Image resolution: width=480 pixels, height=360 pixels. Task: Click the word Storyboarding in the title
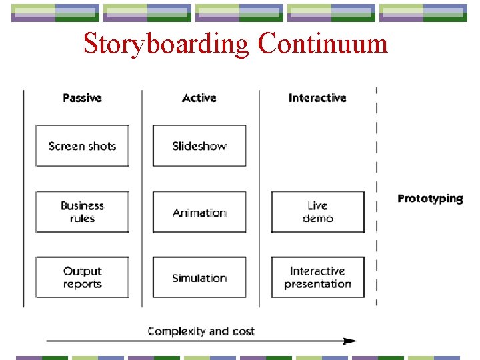pos(167,44)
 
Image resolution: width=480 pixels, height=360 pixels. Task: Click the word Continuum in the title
pos(323,44)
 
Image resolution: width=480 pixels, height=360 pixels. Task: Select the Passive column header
pos(82,98)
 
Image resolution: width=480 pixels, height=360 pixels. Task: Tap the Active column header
pos(199,98)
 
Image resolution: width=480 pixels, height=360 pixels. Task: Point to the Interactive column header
pos(317,98)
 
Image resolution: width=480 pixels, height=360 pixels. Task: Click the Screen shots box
pos(82,146)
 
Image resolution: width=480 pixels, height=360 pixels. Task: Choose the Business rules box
pos(82,212)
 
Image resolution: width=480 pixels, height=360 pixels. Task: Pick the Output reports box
pos(82,277)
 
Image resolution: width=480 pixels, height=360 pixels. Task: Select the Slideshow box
pos(199,146)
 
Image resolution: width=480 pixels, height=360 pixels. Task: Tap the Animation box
pos(199,213)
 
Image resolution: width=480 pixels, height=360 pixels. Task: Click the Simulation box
pos(199,278)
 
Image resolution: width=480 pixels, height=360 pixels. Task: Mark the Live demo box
pos(317,212)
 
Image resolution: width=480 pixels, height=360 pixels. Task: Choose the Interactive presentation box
pos(317,277)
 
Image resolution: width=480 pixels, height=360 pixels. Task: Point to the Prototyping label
pos(430,198)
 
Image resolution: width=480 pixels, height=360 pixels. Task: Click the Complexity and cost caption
pos(201,331)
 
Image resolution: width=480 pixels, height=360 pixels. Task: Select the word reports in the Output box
pos(82,285)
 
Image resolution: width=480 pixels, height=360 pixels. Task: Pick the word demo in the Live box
pos(317,219)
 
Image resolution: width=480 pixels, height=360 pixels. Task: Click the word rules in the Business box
pos(82,219)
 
